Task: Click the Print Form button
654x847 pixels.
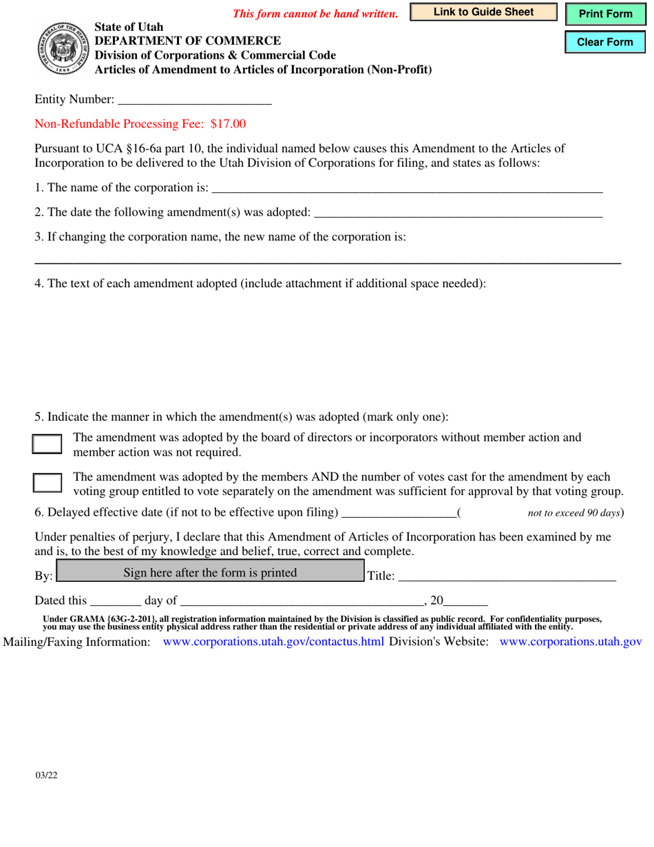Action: pyautogui.click(x=605, y=14)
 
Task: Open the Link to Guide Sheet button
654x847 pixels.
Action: pyautogui.click(x=483, y=12)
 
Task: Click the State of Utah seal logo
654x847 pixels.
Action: pyautogui.click(x=61, y=48)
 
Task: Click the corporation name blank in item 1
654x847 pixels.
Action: pyautogui.click(x=407, y=187)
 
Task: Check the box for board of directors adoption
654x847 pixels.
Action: pyautogui.click(x=48, y=443)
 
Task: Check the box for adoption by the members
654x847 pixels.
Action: pyautogui.click(x=48, y=482)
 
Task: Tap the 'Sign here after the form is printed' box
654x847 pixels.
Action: pyautogui.click(x=210, y=572)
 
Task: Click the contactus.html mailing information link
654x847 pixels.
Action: pyautogui.click(x=273, y=642)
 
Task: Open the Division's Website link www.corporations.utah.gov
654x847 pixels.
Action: pyautogui.click(x=570, y=642)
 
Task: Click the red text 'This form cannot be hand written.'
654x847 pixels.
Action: pyautogui.click(x=315, y=14)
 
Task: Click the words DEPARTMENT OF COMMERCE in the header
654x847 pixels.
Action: pyautogui.click(x=187, y=41)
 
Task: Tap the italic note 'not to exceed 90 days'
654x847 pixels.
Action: pyautogui.click(x=573, y=513)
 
